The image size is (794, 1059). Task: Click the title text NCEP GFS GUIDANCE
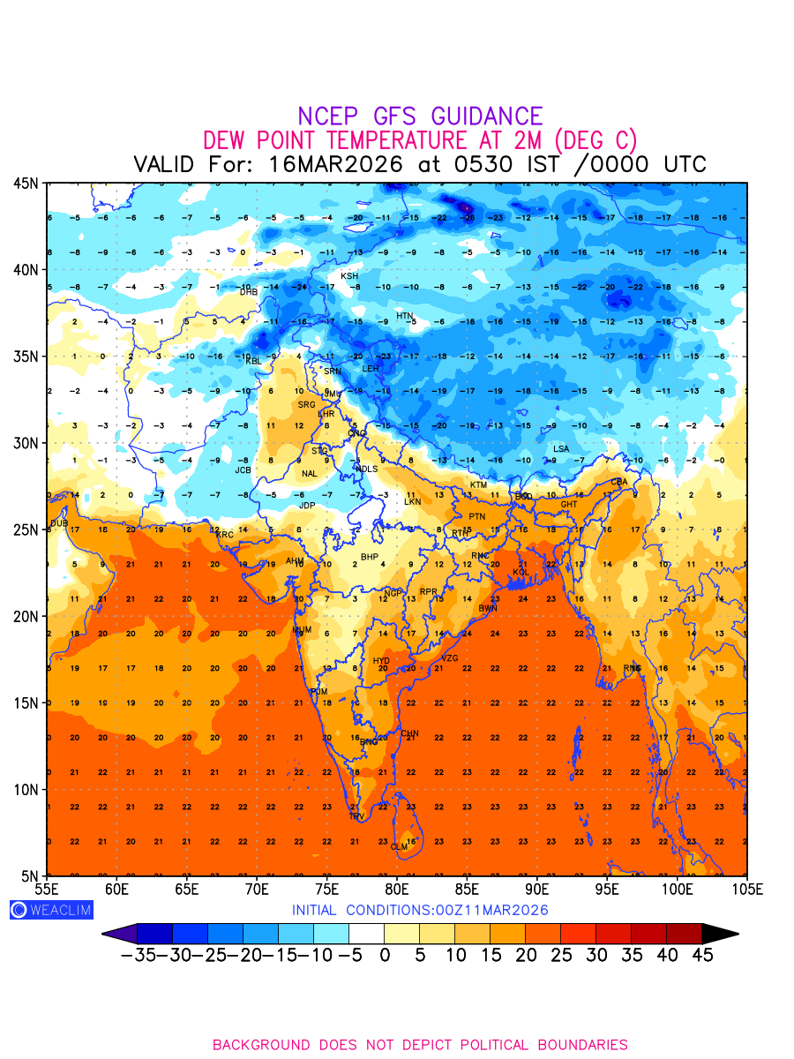[x=420, y=116]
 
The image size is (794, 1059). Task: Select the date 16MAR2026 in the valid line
[x=336, y=164]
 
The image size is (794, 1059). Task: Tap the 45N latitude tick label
[x=26, y=184]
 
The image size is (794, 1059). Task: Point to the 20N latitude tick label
[x=26, y=616]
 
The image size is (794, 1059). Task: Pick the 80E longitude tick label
[x=397, y=890]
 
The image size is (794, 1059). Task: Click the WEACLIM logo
[x=50, y=910]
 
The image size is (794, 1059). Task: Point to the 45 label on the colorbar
[x=701, y=955]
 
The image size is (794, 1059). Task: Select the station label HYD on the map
[x=381, y=661]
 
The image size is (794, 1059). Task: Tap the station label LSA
[x=561, y=449]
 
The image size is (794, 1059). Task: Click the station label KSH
[x=349, y=276]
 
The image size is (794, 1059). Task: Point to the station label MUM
[x=302, y=630]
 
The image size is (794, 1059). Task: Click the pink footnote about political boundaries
[x=420, y=1045]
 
